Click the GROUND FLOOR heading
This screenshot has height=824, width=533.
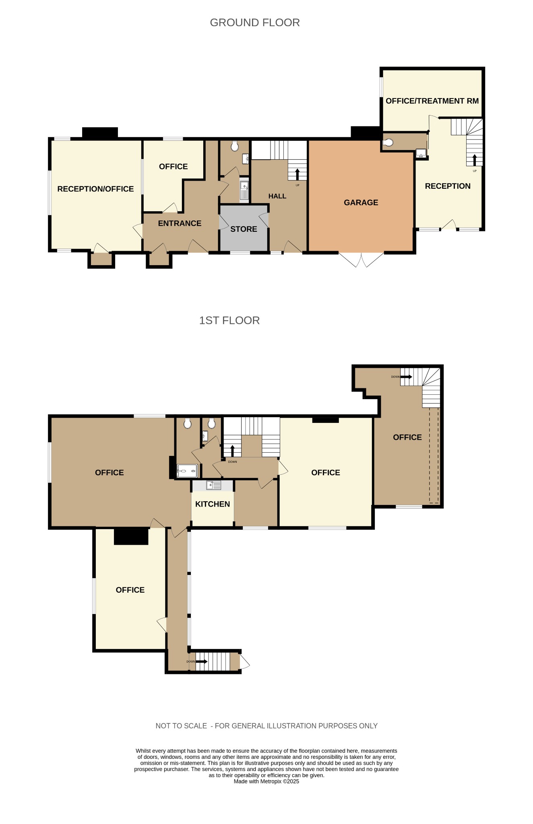(255, 23)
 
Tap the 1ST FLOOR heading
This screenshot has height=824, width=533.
(229, 320)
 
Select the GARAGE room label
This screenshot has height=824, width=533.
(361, 202)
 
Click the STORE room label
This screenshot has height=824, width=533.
(244, 229)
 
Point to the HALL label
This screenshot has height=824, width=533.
(277, 196)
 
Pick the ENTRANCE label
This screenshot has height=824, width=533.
(180, 223)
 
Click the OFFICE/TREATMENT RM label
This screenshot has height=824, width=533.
(432, 101)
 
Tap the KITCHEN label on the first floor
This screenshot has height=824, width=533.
(213, 504)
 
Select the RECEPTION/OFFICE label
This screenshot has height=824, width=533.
(95, 189)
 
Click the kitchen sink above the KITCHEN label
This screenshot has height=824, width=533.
(213, 485)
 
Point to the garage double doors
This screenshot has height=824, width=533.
(362, 260)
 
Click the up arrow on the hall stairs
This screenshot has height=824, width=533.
(297, 174)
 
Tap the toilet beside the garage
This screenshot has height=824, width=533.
(388, 142)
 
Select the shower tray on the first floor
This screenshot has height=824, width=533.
(187, 471)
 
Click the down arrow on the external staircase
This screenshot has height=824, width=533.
(201, 661)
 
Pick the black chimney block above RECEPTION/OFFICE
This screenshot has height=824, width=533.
(100, 133)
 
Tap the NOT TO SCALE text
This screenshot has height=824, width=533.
(181, 726)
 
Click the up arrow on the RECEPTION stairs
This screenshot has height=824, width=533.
(475, 160)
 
